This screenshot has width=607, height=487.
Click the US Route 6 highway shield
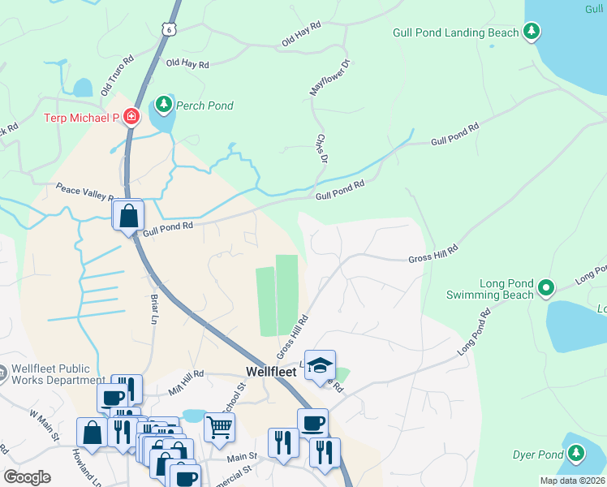click(x=169, y=28)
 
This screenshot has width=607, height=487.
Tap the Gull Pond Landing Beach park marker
click(x=532, y=32)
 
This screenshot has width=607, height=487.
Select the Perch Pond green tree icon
click(x=164, y=105)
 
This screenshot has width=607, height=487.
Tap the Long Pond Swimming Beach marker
click(x=546, y=288)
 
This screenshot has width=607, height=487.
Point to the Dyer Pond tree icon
click(x=575, y=455)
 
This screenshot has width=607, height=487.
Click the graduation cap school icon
click(x=321, y=364)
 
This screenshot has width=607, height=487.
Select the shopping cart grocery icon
click(x=219, y=425)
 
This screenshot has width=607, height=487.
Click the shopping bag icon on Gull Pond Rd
click(x=129, y=216)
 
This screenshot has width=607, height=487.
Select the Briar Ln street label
click(x=153, y=308)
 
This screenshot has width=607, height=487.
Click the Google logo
click(x=28, y=477)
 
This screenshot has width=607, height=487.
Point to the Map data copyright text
click(x=572, y=481)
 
